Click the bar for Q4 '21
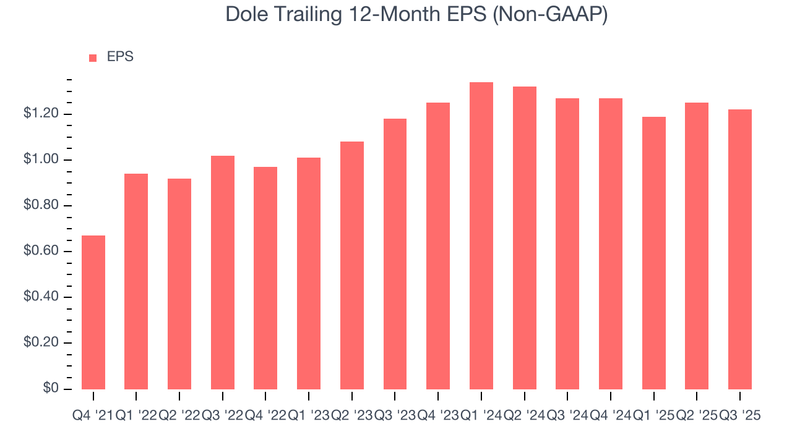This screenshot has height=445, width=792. click(93, 312)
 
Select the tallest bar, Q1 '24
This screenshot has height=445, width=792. click(481, 235)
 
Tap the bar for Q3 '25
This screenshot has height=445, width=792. click(740, 249)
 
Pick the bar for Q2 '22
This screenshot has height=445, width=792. click(179, 284)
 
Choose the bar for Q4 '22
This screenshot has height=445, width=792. click(265, 278)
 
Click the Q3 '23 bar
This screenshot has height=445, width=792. click(395, 253)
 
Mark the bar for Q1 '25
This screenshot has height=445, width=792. click(653, 253)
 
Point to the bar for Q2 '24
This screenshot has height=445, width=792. click(524, 238)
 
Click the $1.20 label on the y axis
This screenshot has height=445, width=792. click(41, 114)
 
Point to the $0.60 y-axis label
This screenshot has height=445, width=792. click(41, 252)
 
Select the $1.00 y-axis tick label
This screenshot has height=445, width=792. click(41, 160)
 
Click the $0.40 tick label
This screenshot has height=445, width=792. click(41, 297)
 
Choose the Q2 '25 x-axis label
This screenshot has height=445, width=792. click(697, 416)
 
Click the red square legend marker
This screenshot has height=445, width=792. click(93, 57)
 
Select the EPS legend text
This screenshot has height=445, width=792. click(120, 57)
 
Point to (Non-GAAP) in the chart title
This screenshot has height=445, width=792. click(551, 14)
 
